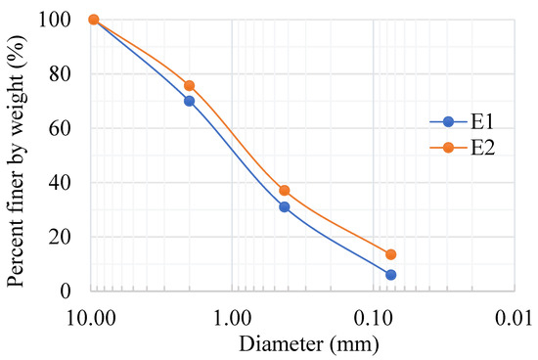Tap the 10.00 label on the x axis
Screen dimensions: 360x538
pyautogui.click(x=93, y=318)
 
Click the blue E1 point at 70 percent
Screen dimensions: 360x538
pyautogui.click(x=189, y=101)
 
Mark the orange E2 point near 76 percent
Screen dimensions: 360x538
pyautogui.click(x=189, y=86)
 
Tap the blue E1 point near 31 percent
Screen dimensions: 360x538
pyautogui.click(x=284, y=207)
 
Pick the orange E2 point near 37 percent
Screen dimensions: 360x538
pyautogui.click(x=284, y=191)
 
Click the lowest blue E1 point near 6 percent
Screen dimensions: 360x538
pyautogui.click(x=390, y=275)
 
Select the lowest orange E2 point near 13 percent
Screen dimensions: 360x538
pyautogui.click(x=390, y=254)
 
